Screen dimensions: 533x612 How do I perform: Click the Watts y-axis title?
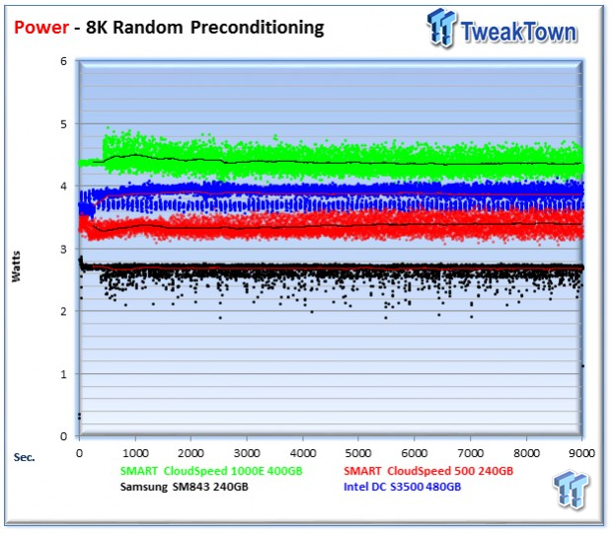pos(17,269)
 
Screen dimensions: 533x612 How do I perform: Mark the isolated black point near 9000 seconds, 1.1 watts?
pos(583,366)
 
